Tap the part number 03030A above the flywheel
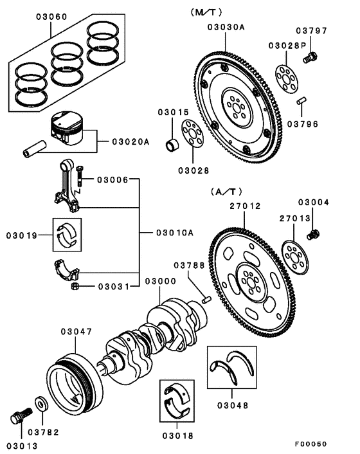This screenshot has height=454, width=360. (x=226, y=26)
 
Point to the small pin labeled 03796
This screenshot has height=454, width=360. (x=301, y=102)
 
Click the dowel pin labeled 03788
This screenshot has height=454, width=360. (x=206, y=298)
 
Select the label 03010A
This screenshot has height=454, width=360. (x=174, y=233)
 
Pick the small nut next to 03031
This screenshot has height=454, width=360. (x=75, y=286)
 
